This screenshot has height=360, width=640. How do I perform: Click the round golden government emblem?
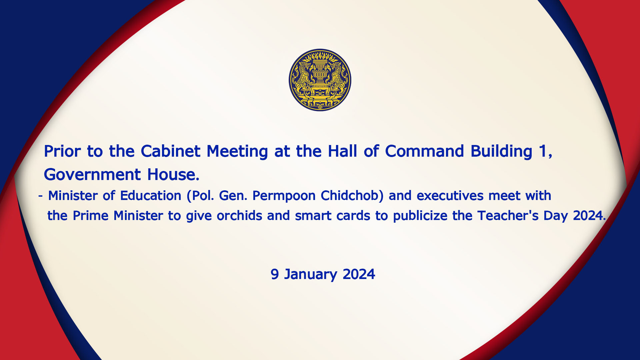[x=320, y=80]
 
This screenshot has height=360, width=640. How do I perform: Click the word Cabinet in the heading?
[x=170, y=151]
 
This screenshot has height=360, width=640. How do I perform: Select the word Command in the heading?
[x=424, y=151]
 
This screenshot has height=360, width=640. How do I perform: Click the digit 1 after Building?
[x=542, y=152]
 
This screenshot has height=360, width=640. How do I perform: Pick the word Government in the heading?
[x=92, y=174]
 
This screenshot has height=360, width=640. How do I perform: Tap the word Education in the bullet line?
[x=151, y=196]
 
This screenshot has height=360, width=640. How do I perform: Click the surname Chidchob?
[x=350, y=196]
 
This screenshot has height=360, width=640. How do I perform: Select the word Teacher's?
[x=508, y=216]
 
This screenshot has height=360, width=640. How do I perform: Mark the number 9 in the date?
[x=275, y=274]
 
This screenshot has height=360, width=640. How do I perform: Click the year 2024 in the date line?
[x=359, y=274]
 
